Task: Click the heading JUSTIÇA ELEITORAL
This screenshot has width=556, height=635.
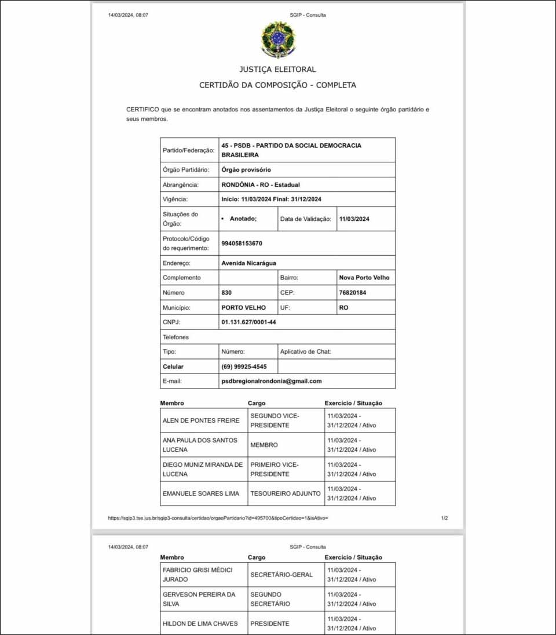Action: [277, 70]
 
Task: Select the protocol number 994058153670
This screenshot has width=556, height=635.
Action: [242, 244]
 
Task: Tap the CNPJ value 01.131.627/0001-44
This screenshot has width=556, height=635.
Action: [249, 322]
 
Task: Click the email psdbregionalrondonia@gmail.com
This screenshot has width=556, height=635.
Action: [271, 381]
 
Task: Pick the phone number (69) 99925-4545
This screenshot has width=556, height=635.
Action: [244, 367]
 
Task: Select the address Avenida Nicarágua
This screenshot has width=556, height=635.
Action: [248, 263]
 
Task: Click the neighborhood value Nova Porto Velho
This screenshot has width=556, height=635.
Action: [364, 278]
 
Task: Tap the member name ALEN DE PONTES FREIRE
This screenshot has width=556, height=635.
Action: [200, 420]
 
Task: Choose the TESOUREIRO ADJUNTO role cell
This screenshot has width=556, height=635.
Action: [285, 494]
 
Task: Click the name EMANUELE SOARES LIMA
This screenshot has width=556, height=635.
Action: [200, 494]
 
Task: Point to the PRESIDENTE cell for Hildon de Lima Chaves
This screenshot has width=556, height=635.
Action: [269, 624]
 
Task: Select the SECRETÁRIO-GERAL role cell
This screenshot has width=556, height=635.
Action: [281, 575]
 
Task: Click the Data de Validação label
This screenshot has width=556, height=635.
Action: [305, 219]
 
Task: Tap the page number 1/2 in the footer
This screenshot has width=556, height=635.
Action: [444, 518]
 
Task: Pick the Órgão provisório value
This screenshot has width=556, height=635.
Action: [246, 170]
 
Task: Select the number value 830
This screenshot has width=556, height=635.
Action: [226, 293]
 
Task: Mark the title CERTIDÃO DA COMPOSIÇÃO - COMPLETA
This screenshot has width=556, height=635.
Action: [277, 85]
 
